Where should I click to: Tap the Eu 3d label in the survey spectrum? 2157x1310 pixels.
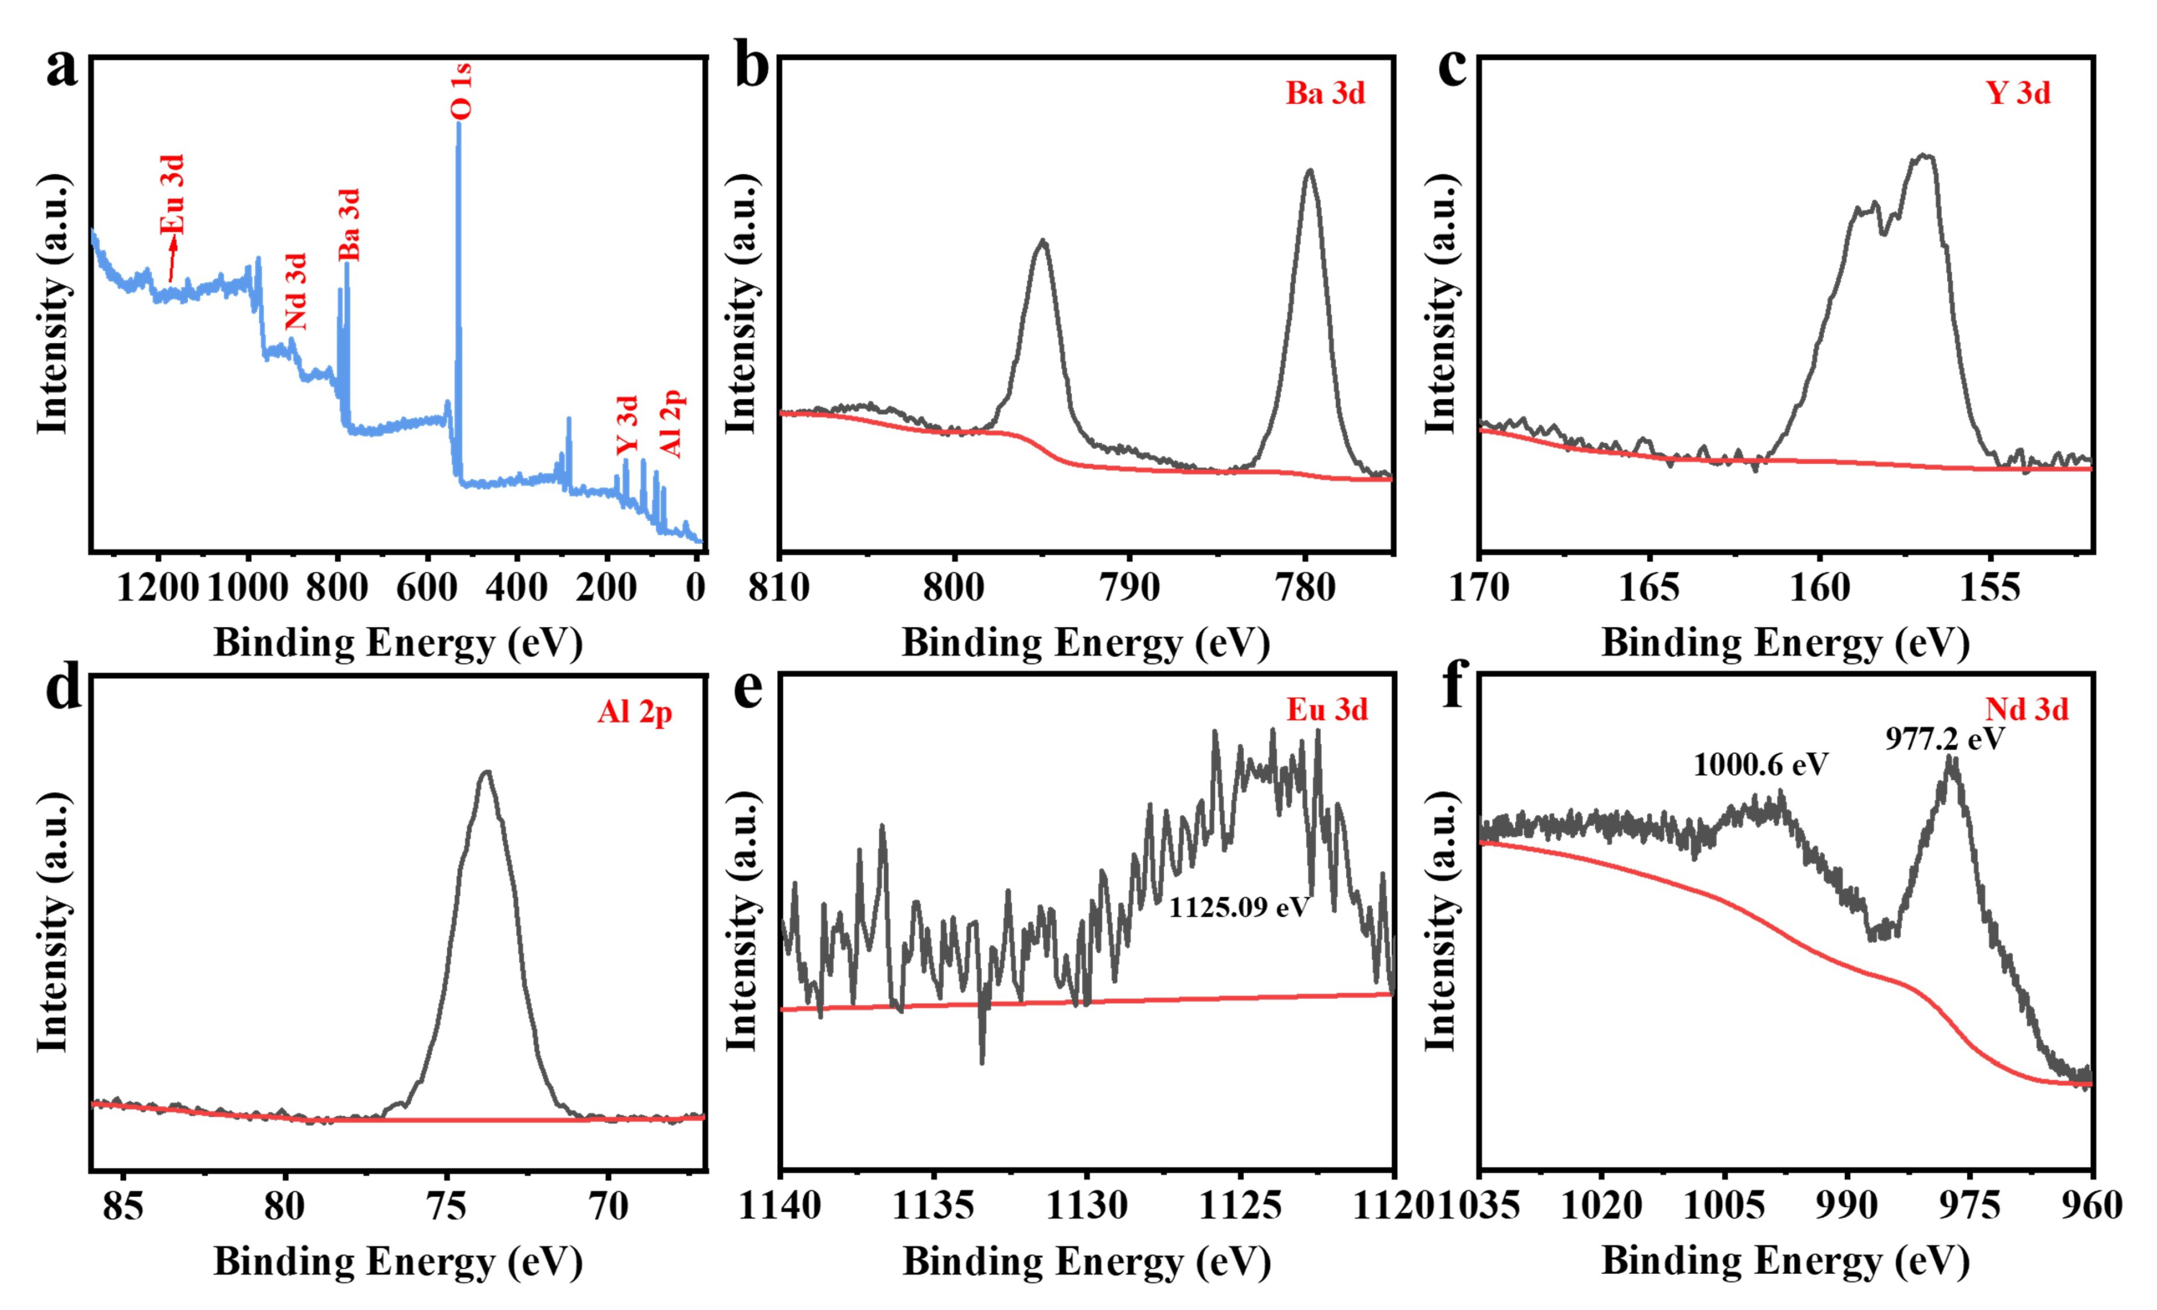(x=173, y=194)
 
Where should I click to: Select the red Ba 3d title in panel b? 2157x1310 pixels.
(x=1325, y=93)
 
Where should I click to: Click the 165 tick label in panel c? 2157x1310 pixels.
(x=1649, y=588)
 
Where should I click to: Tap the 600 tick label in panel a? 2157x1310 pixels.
(x=427, y=588)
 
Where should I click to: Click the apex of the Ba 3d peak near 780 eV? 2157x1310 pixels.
(x=1309, y=171)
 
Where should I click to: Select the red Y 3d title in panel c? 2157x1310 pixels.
(x=2018, y=93)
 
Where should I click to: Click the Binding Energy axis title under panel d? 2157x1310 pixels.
(x=398, y=1262)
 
